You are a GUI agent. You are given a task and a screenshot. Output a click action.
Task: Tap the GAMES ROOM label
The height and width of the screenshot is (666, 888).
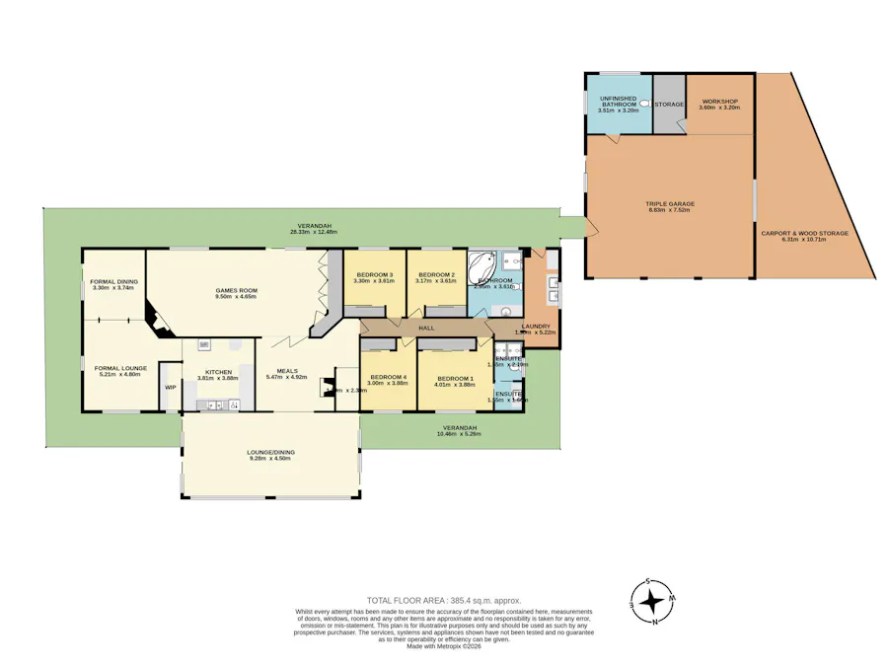point(236,290)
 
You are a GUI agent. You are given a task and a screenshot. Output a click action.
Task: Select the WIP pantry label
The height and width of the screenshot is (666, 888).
point(170,388)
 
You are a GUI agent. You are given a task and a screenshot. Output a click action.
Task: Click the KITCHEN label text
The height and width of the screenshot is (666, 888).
point(218,372)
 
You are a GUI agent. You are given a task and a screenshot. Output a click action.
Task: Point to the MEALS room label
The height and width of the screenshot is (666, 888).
point(287,372)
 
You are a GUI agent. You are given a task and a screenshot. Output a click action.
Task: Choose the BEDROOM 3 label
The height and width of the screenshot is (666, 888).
point(374,274)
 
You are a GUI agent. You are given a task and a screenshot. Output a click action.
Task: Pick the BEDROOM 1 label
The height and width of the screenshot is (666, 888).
point(455,378)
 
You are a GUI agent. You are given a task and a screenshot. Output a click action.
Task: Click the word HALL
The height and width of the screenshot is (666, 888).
point(426,328)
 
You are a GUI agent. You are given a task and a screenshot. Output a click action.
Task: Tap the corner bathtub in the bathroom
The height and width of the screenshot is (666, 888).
point(482,264)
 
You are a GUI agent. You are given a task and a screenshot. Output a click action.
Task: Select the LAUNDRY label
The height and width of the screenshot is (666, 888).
point(536,326)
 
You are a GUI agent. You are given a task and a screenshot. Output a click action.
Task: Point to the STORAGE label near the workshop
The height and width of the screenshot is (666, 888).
point(670,105)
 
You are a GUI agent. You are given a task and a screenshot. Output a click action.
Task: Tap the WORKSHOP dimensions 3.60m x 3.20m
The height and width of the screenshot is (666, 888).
point(719,108)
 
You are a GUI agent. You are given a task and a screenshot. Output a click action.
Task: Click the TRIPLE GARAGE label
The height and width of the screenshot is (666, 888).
point(670,204)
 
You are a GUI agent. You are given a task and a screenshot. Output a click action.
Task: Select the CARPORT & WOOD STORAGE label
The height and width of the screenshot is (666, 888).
point(804,233)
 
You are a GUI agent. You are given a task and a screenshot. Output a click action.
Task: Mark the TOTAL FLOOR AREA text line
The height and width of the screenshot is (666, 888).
point(443,600)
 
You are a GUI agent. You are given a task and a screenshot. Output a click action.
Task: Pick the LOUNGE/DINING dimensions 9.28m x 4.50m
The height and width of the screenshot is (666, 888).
point(270,459)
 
